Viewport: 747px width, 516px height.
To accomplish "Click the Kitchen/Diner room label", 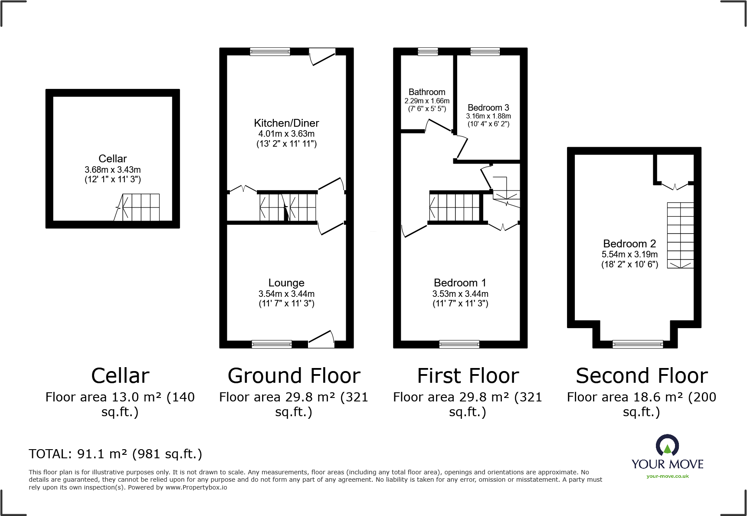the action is click(x=286, y=123).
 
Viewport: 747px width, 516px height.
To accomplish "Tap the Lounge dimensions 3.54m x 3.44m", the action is click(x=286, y=294).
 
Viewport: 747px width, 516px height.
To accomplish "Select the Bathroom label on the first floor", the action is click(x=427, y=92).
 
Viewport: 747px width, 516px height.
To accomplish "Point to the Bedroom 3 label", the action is click(x=488, y=107).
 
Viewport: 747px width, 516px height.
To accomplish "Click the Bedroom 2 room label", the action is click(x=629, y=243).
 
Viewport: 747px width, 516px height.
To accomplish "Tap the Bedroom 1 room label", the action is click(x=460, y=283).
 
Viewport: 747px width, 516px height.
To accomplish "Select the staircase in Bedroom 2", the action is click(x=680, y=235).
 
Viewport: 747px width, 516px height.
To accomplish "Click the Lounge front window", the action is click(x=272, y=344).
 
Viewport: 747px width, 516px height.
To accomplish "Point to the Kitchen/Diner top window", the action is click(x=270, y=52).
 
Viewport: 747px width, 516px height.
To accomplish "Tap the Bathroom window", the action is click(x=428, y=52).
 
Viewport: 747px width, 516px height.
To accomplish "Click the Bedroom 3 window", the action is click(x=485, y=52).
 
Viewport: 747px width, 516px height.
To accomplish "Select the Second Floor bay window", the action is click(x=638, y=345).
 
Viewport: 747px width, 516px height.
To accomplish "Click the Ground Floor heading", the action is click(x=294, y=376).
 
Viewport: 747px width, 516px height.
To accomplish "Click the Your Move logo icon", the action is click(x=667, y=445).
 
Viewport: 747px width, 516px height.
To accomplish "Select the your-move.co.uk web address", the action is click(x=668, y=476).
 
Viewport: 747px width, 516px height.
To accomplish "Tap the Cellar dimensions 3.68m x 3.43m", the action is click(x=113, y=170).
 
